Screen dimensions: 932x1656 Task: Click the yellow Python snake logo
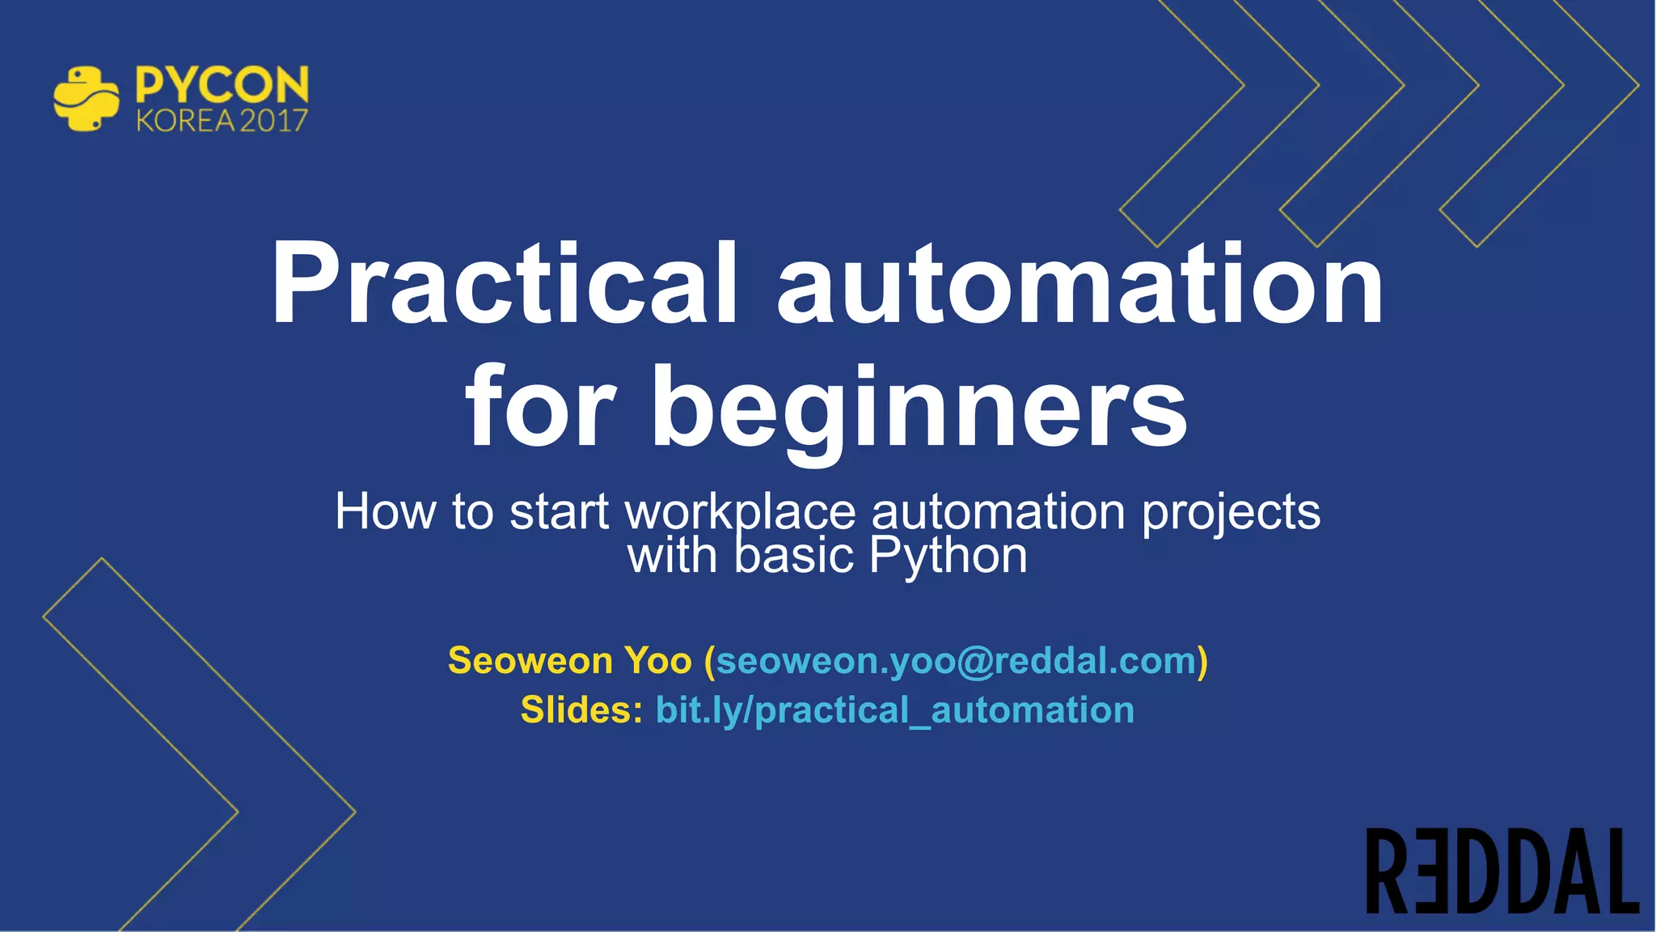(85, 100)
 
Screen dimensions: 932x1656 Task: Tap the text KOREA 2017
(222, 121)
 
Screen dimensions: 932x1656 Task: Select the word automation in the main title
(1080, 285)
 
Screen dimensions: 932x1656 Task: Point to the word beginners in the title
(919, 409)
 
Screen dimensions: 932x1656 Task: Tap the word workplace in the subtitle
(741, 513)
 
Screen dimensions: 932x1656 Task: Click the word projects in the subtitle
(1231, 513)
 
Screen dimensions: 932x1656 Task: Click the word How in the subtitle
(385, 511)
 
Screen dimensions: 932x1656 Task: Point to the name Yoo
(658, 661)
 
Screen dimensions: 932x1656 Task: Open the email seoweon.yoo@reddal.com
(956, 661)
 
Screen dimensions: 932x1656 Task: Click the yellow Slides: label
(581, 710)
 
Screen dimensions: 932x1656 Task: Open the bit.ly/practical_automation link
(894, 710)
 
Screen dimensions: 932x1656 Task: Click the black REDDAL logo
(1502, 871)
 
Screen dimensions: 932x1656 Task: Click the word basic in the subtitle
(794, 557)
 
